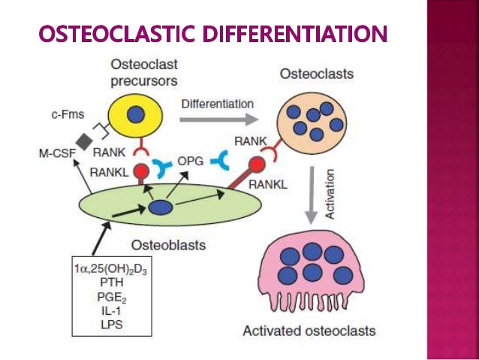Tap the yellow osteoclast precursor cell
tap(136, 114)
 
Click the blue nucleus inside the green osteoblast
tap(161, 206)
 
